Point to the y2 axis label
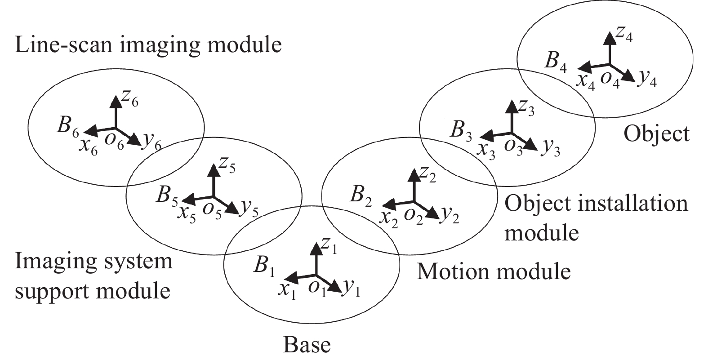pyautogui.click(x=449, y=215)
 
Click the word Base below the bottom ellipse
pyautogui.click(x=307, y=345)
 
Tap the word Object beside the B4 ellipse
pyautogui.click(x=656, y=133)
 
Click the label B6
pyautogui.click(x=67, y=128)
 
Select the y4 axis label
pyautogui.click(x=647, y=79)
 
